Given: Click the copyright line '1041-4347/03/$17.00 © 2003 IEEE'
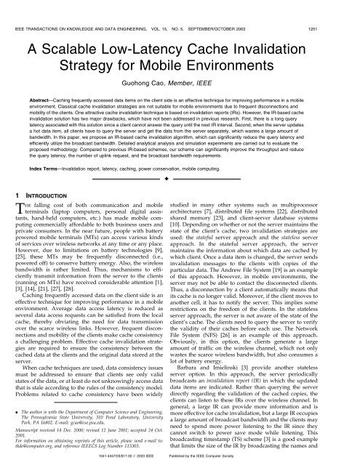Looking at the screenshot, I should (156, 458).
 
